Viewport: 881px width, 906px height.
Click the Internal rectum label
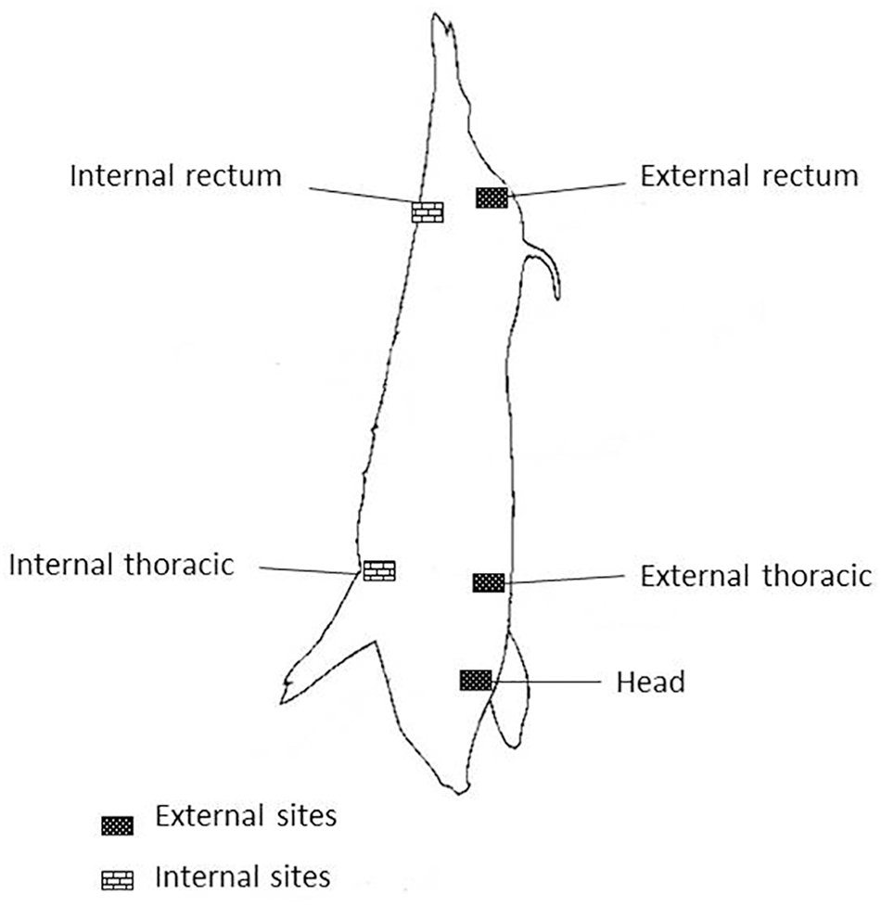tap(175, 175)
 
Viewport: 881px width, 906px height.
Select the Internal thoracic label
tap(121, 564)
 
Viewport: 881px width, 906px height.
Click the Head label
tap(650, 683)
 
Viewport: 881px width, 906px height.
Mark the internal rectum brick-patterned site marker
tap(428, 212)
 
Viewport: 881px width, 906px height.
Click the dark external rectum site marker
tap(492, 197)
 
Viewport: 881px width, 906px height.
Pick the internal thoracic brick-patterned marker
tap(378, 570)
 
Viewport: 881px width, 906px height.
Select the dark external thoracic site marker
tap(489, 582)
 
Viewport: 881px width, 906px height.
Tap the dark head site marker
tap(475, 680)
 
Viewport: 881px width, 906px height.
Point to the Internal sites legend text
tap(243, 875)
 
